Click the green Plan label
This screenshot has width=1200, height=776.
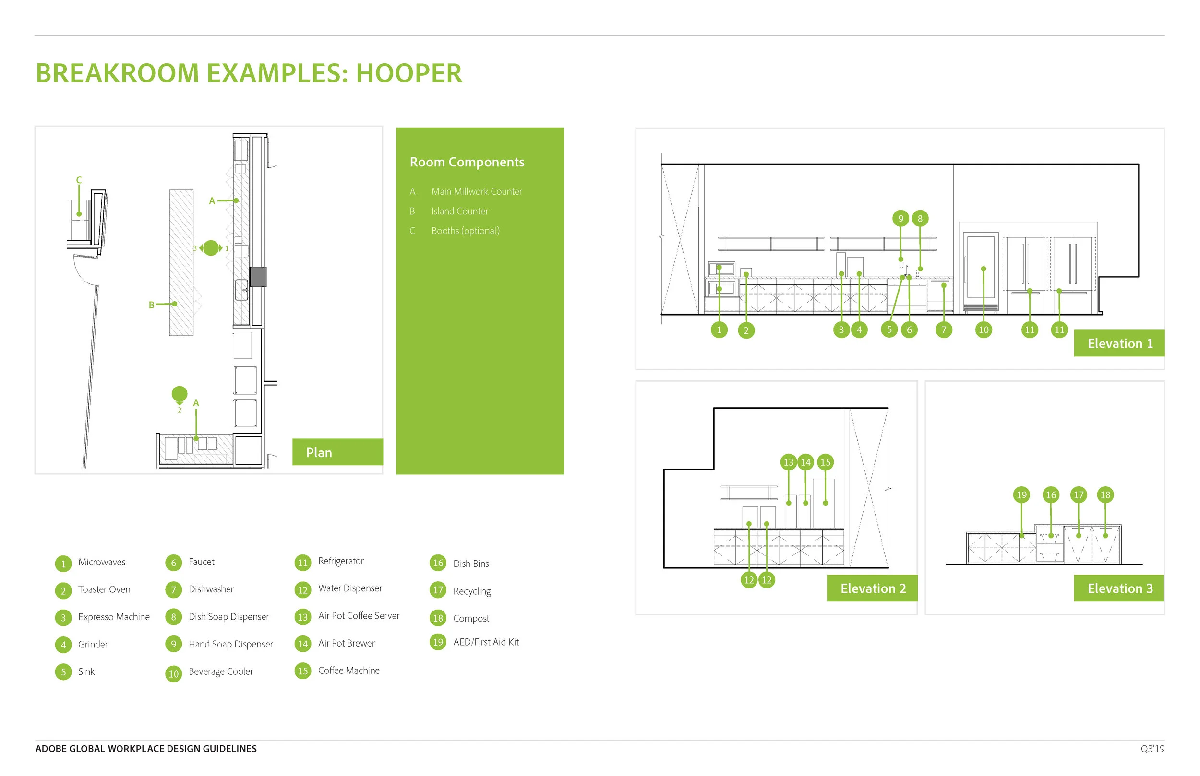[x=337, y=452]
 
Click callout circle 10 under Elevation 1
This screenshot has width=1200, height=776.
[x=983, y=330]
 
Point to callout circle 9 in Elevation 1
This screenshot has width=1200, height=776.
[x=900, y=218]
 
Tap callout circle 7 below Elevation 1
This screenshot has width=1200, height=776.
[x=943, y=330]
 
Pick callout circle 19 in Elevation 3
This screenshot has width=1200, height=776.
[x=1021, y=495]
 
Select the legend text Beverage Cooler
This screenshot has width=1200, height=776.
[x=220, y=672]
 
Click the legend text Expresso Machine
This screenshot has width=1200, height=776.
[x=113, y=617]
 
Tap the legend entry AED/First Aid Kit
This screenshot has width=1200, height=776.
[x=486, y=642]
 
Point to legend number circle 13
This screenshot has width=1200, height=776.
[x=302, y=617]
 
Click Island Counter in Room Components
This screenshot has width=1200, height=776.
[x=459, y=211]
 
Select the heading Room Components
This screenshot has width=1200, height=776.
[x=467, y=162]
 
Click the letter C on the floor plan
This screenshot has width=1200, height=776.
[x=79, y=180]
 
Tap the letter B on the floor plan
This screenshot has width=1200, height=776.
[x=151, y=305]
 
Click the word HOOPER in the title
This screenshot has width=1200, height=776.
[x=408, y=73]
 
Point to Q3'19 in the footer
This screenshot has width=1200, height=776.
[x=1152, y=749]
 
